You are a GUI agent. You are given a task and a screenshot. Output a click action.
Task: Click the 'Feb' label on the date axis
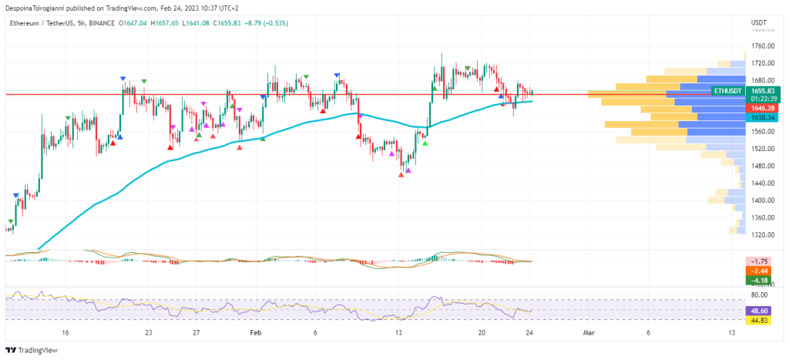click(256, 332)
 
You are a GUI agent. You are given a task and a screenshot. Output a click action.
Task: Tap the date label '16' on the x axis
click(65, 332)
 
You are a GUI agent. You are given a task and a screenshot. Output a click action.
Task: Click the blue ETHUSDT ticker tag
click(728, 91)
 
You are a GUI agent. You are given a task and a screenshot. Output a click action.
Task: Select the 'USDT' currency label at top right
click(759, 23)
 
